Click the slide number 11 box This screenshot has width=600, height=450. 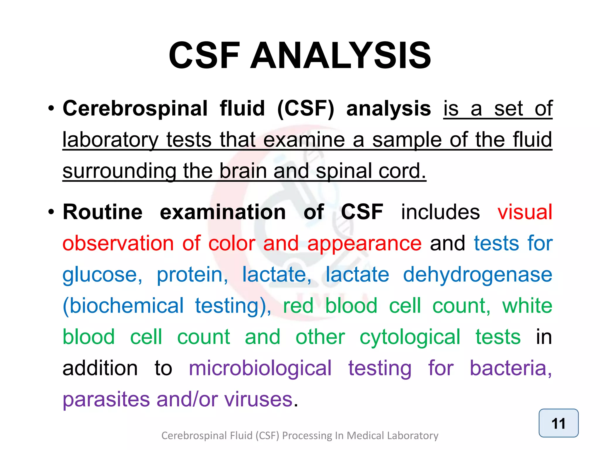pos(558,423)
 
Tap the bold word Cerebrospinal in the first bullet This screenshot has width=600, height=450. pos(135,109)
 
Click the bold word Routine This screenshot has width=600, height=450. pos(103,212)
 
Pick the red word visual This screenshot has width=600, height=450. pos(525,212)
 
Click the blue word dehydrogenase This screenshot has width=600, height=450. pos(478,275)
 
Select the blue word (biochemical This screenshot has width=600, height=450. pos(123,306)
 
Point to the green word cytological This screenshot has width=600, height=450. pos(410,337)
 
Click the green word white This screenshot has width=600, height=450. pos(527,306)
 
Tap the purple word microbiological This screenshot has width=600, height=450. pos(260,368)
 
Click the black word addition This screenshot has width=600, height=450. pos(100,368)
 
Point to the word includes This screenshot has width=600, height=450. pos(440,212)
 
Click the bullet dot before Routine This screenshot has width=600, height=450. pos(51,212)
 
